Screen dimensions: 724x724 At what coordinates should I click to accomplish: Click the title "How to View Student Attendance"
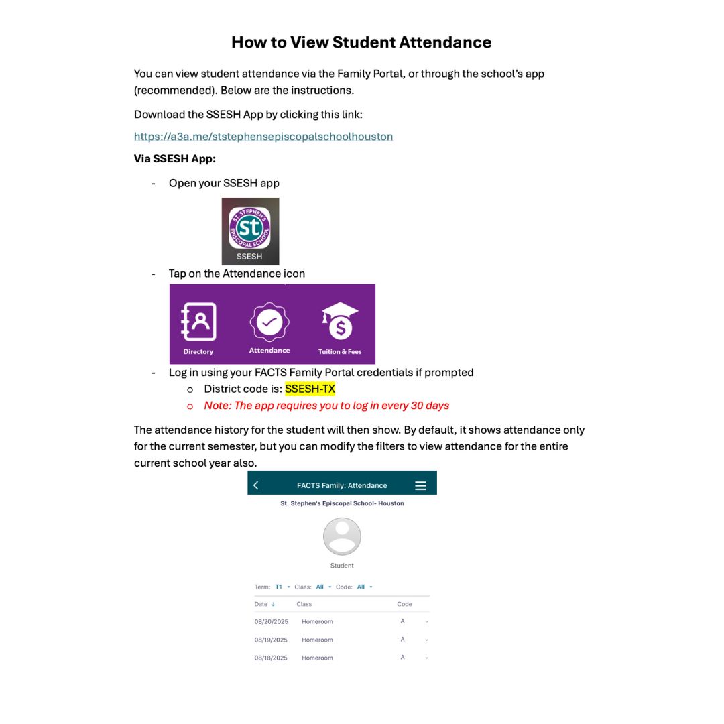coord(361,42)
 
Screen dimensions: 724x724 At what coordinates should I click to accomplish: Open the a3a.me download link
coord(263,137)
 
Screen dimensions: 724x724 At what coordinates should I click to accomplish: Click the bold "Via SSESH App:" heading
coord(175,159)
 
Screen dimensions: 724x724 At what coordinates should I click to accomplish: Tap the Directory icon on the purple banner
coord(198,322)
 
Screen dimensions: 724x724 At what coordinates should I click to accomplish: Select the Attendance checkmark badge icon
coord(269,322)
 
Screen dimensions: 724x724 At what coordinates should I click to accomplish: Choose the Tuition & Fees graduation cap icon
coord(340,322)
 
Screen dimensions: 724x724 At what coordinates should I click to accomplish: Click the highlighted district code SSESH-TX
coord(310,389)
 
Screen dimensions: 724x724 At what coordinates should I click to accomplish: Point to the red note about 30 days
coord(326,406)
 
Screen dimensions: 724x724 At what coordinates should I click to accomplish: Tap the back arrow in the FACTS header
coord(256,485)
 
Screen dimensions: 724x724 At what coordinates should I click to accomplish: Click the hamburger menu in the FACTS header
coord(420,485)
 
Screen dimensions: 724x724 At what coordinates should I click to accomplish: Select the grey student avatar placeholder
coord(342,536)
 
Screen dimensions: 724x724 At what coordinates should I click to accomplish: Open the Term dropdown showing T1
coord(282,587)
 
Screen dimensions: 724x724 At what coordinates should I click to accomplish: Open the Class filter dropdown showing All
coord(323,587)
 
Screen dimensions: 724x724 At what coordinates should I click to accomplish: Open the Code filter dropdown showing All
coord(364,587)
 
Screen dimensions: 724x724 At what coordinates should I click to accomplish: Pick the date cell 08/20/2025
coord(271,622)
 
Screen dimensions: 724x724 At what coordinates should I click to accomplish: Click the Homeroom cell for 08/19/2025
coord(317,640)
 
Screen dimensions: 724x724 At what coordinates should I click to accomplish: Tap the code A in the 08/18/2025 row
coord(403,658)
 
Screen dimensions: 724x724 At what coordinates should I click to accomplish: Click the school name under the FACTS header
coord(342,503)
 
